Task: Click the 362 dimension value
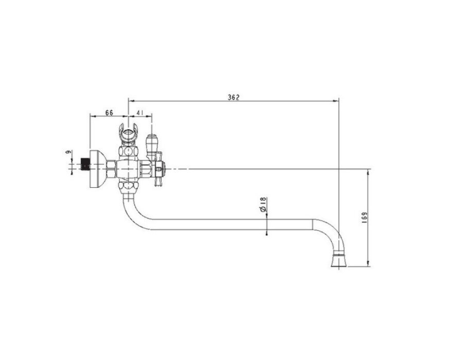pos(233,97)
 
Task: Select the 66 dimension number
pos(109,113)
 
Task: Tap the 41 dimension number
pos(140,113)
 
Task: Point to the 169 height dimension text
pos(364,217)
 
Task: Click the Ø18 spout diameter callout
pos(263,205)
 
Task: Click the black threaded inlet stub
pos(85,164)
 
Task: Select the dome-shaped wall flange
pos(98,169)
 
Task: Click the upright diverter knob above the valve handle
pos(151,146)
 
